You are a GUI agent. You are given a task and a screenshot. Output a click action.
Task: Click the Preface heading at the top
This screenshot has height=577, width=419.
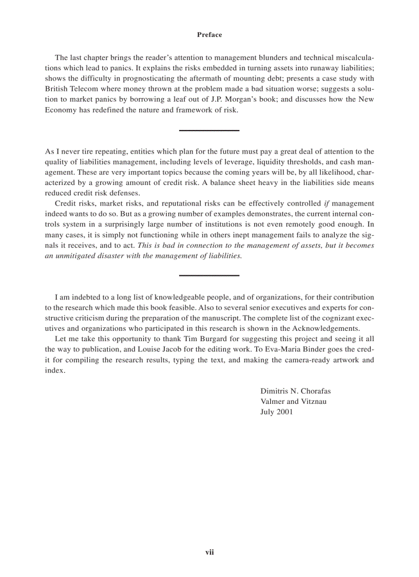209,35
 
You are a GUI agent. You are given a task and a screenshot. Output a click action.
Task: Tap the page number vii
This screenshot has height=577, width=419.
209,552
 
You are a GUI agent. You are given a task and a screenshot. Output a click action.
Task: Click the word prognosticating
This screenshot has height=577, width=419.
161,79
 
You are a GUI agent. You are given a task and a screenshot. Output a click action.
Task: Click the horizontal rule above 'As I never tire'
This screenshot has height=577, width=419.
209,131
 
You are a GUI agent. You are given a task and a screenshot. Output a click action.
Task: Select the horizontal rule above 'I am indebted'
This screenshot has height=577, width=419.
209,275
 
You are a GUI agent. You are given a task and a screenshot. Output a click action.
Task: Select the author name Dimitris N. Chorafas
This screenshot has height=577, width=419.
295,391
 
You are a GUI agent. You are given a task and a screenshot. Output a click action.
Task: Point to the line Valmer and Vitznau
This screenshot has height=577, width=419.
293,401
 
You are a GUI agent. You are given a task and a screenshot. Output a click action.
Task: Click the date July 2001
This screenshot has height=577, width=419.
277,412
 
